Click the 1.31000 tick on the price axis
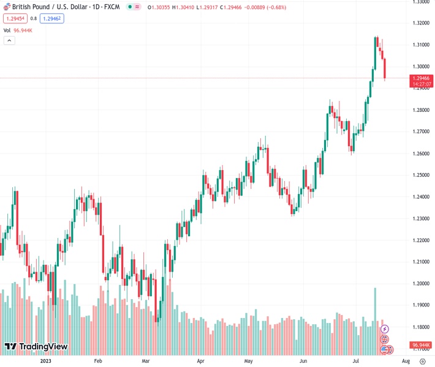[420, 45]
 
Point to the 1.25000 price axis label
[420, 175]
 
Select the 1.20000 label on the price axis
[420, 284]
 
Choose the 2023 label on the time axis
[45, 361]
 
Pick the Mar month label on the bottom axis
[146, 361]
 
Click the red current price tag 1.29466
[422, 78]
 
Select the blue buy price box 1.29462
[52, 18]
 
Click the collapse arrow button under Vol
[9, 40]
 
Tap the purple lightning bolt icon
[385, 329]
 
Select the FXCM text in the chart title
[112, 7]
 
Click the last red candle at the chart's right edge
[385, 69]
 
